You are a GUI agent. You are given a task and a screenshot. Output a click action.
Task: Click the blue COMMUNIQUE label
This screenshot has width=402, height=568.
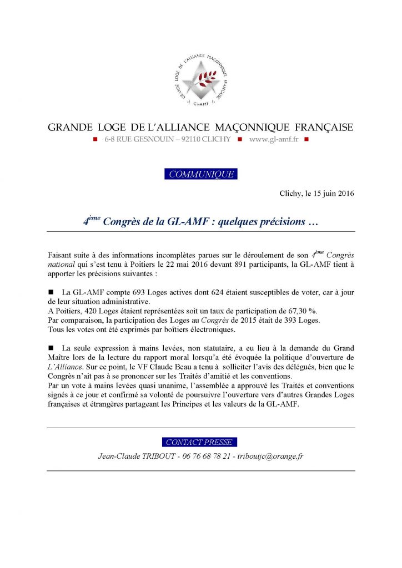click(201, 174)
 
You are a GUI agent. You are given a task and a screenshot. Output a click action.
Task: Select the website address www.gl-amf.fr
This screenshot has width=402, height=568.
click(274, 139)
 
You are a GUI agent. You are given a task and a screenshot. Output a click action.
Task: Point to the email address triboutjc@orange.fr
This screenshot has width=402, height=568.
click(268, 456)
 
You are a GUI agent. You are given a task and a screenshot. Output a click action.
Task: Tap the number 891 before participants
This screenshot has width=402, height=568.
click(228, 265)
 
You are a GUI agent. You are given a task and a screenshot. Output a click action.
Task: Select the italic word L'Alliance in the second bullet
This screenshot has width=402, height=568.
click(66, 367)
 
